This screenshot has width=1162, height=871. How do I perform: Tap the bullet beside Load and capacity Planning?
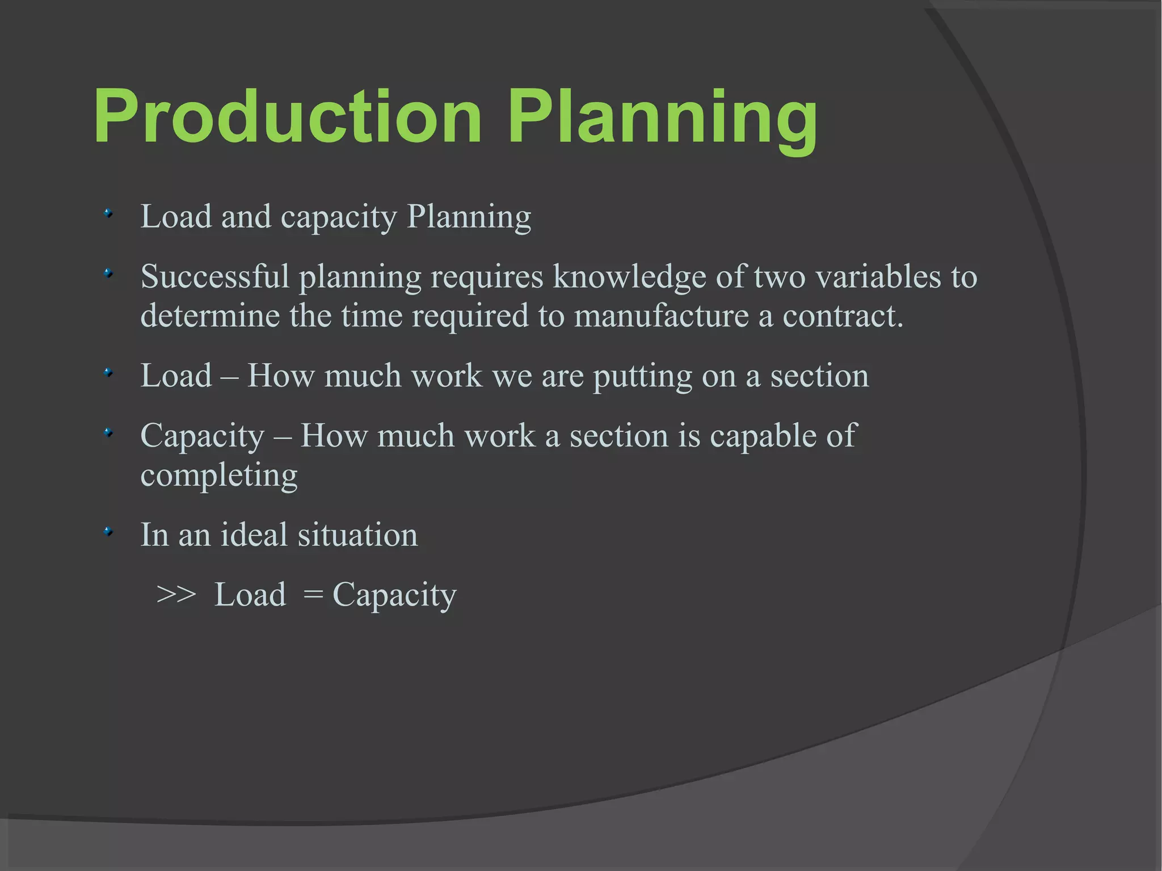coord(108,214)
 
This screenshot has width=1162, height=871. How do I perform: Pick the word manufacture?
coord(661,315)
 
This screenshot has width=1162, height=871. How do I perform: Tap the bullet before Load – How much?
coord(108,373)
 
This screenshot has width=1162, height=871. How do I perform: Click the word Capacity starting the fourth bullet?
coord(202,437)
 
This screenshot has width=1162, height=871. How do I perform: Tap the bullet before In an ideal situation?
coord(108,532)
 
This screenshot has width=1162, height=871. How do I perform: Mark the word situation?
coord(357,535)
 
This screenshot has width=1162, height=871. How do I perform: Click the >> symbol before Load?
coord(176,595)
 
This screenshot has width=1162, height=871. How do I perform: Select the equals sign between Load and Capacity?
coord(313,595)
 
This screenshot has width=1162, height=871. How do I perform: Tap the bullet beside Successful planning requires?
coord(108,273)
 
